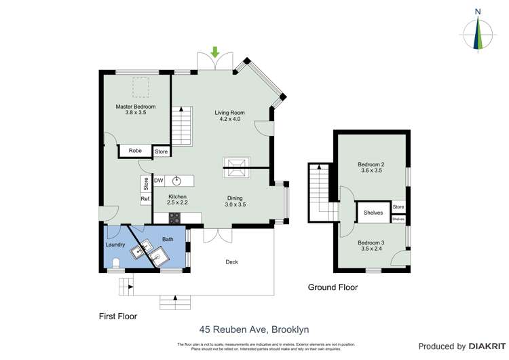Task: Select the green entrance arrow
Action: [216, 52]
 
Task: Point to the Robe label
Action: [135, 151]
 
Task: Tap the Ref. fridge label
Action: [145, 198]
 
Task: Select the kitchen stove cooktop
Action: [174, 218]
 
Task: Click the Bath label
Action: [167, 238]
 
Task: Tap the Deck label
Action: [231, 262]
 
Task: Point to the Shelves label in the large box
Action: [373, 213]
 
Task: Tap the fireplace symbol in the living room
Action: [236, 166]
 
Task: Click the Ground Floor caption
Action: [333, 287]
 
